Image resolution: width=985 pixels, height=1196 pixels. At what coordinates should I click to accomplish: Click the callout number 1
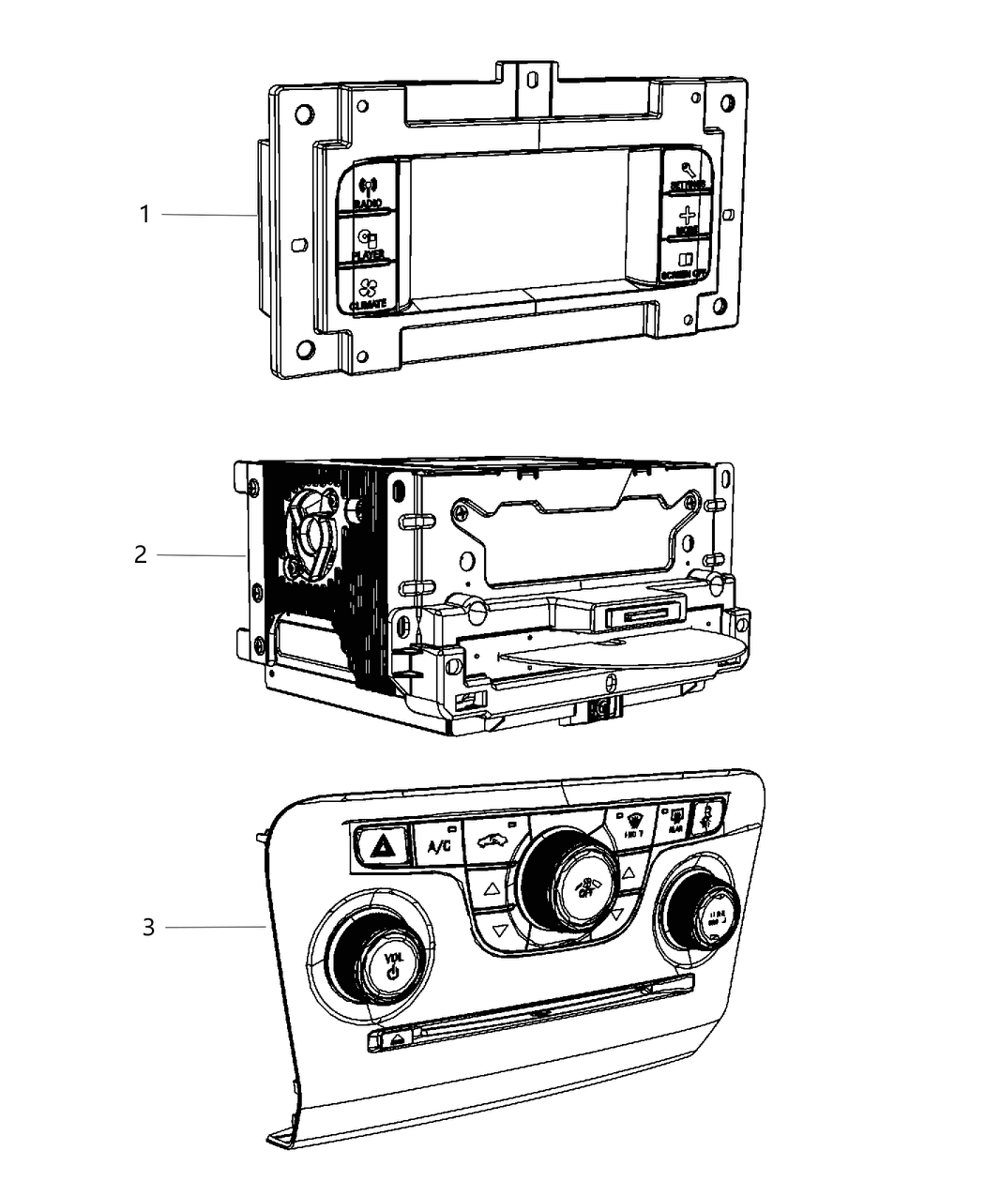[x=144, y=215]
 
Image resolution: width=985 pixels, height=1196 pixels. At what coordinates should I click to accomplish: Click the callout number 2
[x=140, y=555]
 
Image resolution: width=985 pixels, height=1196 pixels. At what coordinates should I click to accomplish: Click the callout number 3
[x=148, y=928]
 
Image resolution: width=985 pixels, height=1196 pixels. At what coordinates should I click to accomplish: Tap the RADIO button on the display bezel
[x=368, y=191]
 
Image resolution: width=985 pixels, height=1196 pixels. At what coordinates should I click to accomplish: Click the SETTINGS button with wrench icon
[x=688, y=174]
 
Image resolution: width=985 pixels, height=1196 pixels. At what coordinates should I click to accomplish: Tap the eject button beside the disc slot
[x=398, y=1038]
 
